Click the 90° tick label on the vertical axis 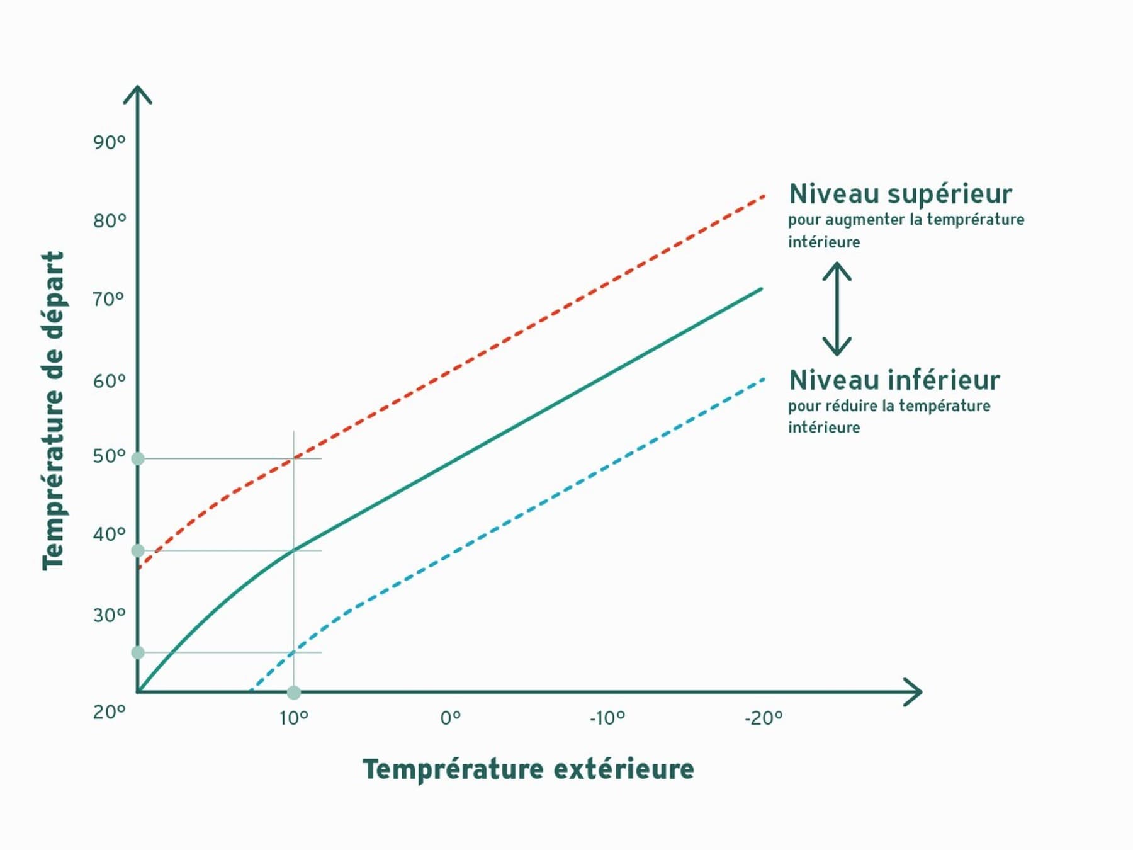tap(110, 142)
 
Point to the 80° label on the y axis tap(110, 221)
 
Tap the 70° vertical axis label tap(108, 299)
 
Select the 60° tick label tap(110, 381)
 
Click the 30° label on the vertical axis tap(110, 615)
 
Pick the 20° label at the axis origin tap(110, 712)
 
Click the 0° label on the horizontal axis tap(451, 718)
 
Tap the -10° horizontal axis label tap(607, 718)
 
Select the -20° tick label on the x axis tap(764, 718)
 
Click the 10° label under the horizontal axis tap(294, 718)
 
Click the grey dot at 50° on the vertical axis tap(138, 459)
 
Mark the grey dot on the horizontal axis tap(294, 693)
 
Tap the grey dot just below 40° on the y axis tap(138, 551)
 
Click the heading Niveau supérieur tap(901, 194)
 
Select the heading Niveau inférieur tap(894, 380)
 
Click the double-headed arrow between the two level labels tap(837, 309)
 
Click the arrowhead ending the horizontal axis tap(913, 692)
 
